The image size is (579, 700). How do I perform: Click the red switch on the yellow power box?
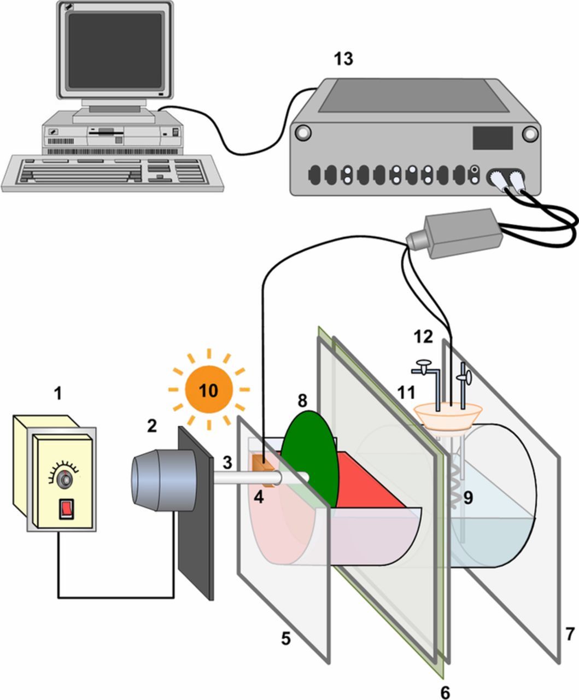pos(66,508)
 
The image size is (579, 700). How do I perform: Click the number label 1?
pos(57,392)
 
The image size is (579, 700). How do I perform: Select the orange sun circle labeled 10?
pos(209,390)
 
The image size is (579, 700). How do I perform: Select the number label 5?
pos(285,638)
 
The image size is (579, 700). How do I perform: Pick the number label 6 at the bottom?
pos(445,691)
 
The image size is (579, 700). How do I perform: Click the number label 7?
pos(570,634)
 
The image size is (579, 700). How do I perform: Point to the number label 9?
pos(467,498)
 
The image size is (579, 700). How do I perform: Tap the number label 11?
pos(406,392)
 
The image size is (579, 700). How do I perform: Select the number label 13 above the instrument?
pos(344,59)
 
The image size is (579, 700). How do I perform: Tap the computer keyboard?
pos(112,172)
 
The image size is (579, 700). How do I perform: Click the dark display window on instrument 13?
pos(492,137)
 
